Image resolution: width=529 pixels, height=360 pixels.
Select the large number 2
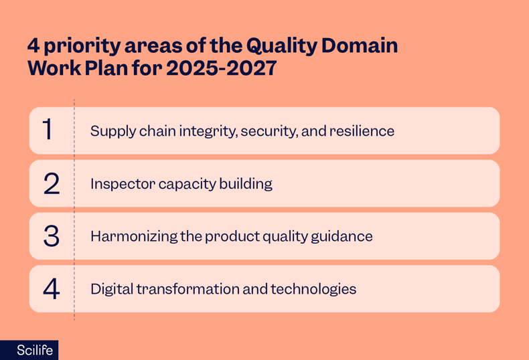point(52,183)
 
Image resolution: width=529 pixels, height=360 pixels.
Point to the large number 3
point(52,236)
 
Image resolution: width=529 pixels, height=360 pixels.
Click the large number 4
point(52,289)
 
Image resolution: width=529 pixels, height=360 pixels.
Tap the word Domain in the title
point(360,46)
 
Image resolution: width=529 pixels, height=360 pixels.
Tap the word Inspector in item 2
point(121,184)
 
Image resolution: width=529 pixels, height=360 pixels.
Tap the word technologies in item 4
point(313,290)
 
